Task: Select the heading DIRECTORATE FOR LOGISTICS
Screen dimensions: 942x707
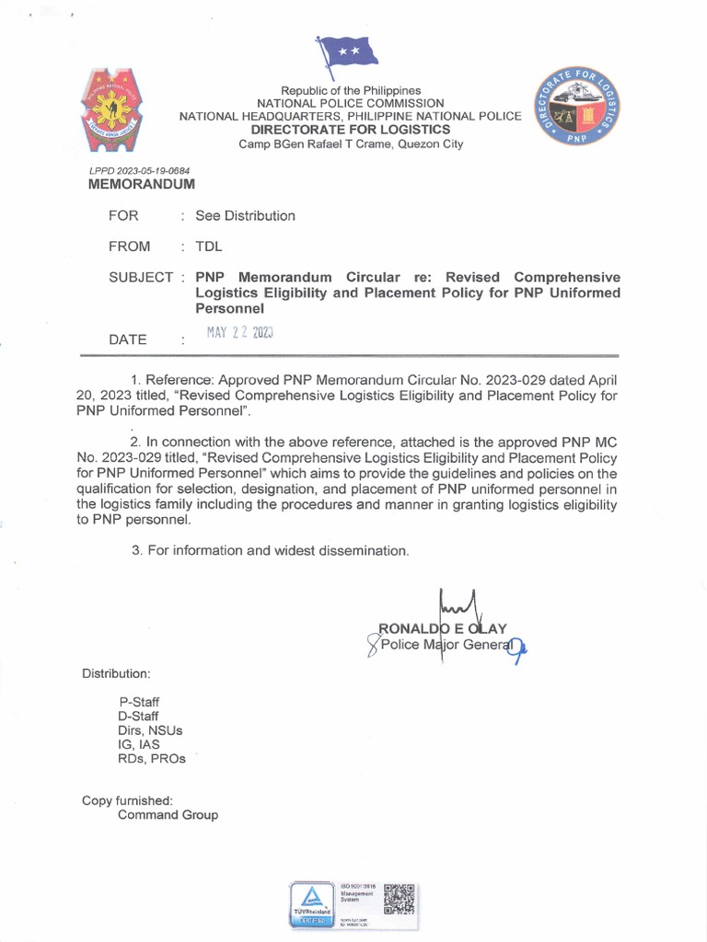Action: (352, 131)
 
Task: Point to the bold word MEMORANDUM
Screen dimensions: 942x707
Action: (141, 184)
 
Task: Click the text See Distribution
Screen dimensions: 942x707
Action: (245, 216)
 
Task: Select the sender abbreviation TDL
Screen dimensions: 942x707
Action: (209, 247)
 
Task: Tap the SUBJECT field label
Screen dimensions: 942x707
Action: (141, 277)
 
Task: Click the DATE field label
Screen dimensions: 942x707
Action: (128, 339)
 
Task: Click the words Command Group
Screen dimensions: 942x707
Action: (168, 815)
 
